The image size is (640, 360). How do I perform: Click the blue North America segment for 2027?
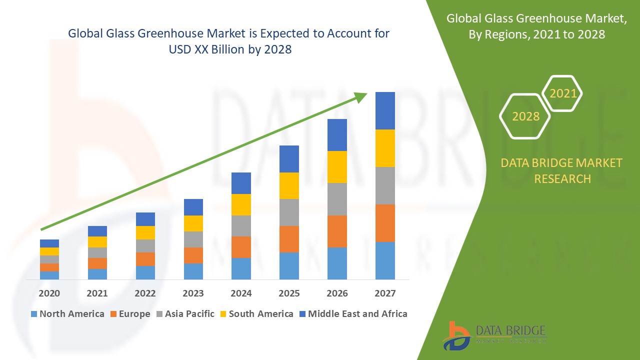coord(385,260)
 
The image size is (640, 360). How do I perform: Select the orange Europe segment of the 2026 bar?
coord(337,231)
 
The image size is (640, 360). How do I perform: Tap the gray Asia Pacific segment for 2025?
coord(289,212)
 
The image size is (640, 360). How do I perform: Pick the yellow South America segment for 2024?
coord(241,204)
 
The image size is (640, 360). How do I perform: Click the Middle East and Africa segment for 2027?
coord(385,110)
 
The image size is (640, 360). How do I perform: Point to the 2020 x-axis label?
coord(49,293)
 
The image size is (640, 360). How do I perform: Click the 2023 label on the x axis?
coord(193,293)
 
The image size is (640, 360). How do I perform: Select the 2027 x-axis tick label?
coord(385,293)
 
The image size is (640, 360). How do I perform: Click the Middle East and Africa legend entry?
coord(352,314)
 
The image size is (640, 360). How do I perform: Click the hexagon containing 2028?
coord(525,116)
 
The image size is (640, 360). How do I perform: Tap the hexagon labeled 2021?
coord(562,93)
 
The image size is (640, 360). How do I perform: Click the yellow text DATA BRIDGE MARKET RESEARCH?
coord(562,170)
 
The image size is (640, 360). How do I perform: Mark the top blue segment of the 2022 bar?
coord(145,219)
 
